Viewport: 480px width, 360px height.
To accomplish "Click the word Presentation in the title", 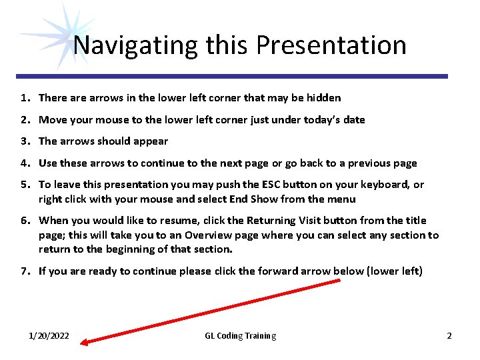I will tap(331, 45).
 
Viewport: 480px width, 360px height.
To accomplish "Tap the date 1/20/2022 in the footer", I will tap(49, 336).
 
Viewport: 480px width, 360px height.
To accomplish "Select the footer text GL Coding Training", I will tap(240, 336).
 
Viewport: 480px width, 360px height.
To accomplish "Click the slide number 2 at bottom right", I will tap(449, 336).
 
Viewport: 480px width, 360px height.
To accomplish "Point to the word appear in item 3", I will tap(152, 141).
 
